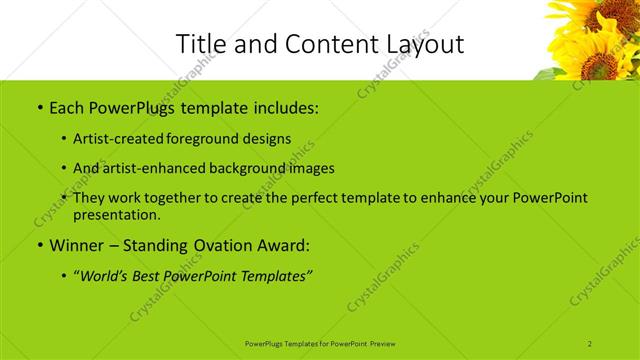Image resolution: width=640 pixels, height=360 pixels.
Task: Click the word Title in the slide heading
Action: pos(199,43)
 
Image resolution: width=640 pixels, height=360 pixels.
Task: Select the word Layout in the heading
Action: pos(423,44)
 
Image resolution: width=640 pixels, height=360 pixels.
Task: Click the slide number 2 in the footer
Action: pos(590,343)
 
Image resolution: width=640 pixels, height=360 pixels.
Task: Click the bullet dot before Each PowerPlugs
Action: pos(39,107)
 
